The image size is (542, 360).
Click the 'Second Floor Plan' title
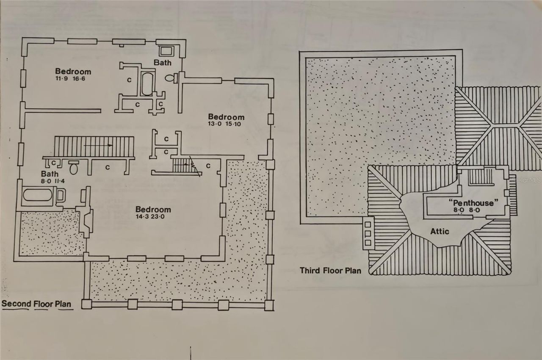tap(37, 304)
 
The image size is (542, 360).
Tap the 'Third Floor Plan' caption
tap(330, 270)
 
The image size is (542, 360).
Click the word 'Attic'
tap(440, 231)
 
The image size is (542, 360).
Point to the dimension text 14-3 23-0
tap(153, 217)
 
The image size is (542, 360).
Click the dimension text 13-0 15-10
tap(226, 124)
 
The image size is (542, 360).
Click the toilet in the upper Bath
tap(170, 78)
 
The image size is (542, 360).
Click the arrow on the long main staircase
tap(98, 145)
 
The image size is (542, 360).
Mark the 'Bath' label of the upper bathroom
tap(163, 63)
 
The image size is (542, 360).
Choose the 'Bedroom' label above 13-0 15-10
tap(226, 117)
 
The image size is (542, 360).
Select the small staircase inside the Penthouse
tap(481, 177)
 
